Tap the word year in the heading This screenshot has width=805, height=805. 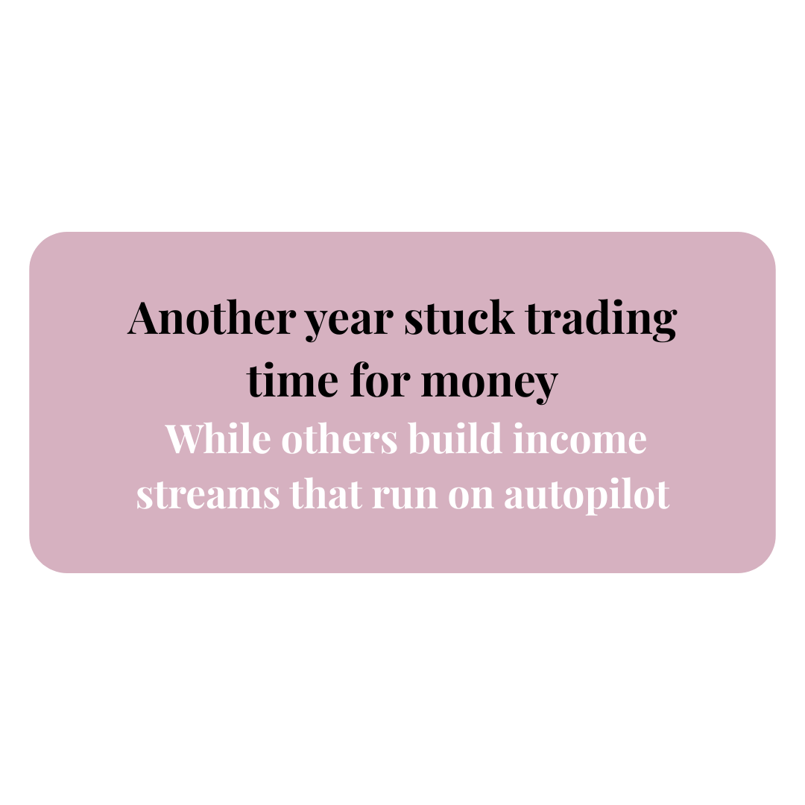click(350, 323)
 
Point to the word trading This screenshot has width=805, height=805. click(602, 321)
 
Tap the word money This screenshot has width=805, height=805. click(490, 385)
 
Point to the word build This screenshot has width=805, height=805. click(455, 438)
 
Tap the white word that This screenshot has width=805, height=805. click(326, 494)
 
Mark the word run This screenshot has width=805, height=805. click(405, 497)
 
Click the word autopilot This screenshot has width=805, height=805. click(587, 495)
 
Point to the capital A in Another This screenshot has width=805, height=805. click(146, 318)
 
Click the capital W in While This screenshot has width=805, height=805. click(189, 439)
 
